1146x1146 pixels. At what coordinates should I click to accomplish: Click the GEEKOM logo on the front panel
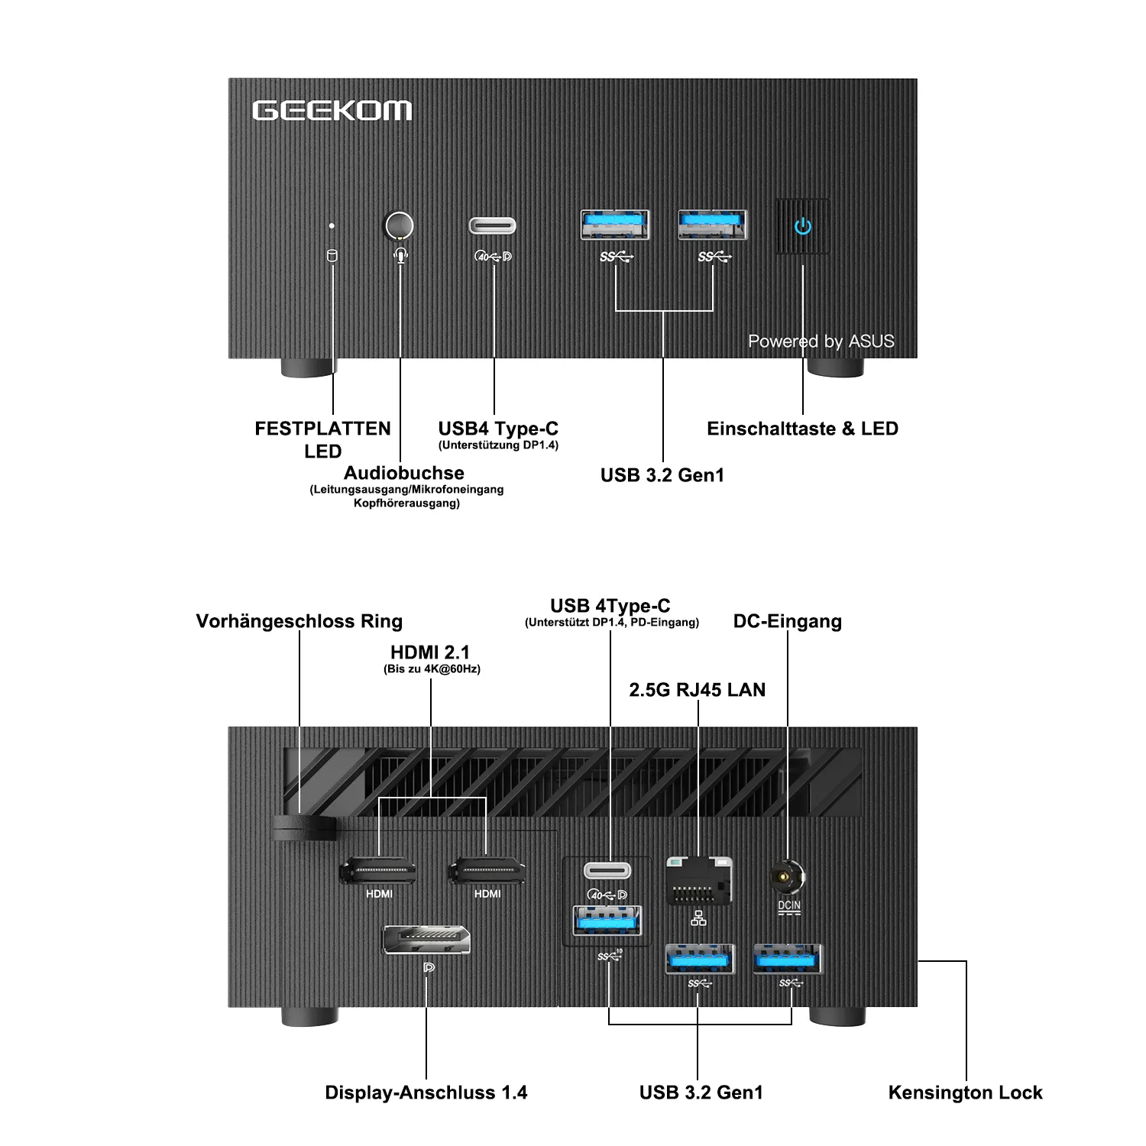point(332,111)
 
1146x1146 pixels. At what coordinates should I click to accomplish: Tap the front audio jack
point(398,226)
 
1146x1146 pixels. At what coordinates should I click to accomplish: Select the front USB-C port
point(492,226)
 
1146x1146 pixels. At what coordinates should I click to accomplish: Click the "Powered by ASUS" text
point(821,342)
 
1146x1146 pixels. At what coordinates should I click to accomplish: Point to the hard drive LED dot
point(332,226)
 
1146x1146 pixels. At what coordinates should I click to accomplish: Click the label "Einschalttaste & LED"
point(802,429)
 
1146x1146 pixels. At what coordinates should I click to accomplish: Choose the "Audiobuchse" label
point(404,473)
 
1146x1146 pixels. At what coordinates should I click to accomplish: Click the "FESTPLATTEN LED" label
point(322,439)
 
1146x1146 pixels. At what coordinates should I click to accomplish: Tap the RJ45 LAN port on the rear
point(699,881)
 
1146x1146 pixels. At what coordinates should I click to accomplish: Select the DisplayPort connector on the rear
point(426,939)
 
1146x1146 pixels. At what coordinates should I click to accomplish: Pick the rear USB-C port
point(608,871)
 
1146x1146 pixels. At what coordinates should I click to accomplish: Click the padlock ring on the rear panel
point(303,827)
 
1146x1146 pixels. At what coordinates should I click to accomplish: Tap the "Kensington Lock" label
point(965,1093)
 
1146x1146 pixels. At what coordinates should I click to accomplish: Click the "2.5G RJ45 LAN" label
point(697,690)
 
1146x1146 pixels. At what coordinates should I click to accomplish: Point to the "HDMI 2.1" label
point(430,652)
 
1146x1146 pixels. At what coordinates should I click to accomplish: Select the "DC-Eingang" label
point(788,621)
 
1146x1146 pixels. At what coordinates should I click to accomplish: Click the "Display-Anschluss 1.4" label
point(426,1093)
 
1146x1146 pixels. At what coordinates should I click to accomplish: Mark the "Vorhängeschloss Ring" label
point(299,621)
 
